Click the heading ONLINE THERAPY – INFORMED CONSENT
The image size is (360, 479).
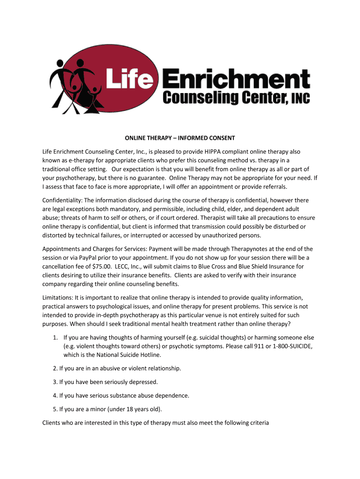(180, 138)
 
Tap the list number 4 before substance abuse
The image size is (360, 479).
(55, 395)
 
